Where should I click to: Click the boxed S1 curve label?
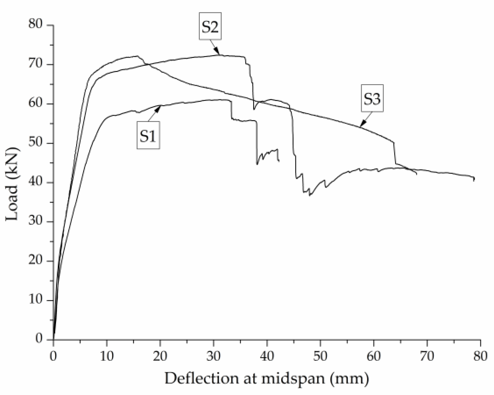148,135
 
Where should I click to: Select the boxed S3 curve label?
372,99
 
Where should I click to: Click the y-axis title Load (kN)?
13,184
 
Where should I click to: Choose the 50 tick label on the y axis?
36,143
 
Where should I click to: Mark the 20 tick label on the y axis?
36,261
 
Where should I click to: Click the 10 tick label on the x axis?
107,357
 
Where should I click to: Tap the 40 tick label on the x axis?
267,357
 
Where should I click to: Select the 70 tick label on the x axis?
427,357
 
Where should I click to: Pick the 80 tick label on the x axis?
480,357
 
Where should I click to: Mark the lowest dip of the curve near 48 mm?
310,195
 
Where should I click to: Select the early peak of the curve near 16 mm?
137,56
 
